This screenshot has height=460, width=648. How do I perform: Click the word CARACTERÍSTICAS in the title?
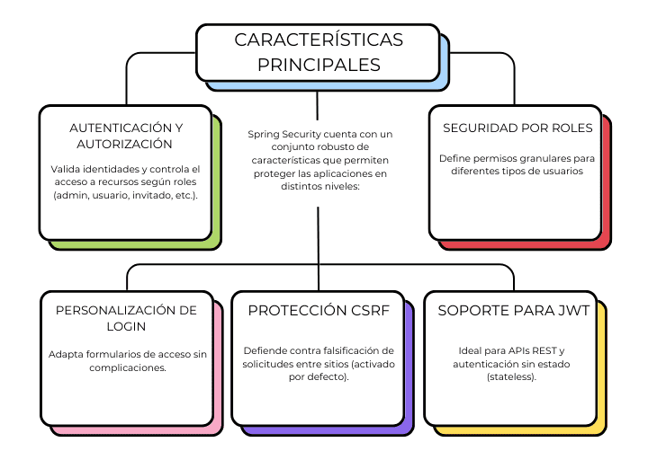(x=319, y=40)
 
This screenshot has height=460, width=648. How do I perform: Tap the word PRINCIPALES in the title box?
(x=319, y=65)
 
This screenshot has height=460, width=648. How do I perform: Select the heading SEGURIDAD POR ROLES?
(x=517, y=128)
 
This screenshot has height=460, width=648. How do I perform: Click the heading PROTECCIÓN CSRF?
(x=319, y=310)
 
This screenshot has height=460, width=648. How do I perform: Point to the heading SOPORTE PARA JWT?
(x=514, y=310)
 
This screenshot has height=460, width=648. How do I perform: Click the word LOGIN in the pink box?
(x=126, y=326)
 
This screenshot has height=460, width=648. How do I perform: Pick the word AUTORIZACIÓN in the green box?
(x=124, y=144)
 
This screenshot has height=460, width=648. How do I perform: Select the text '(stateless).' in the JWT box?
(x=511, y=376)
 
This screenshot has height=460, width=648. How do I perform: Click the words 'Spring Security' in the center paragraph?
(x=284, y=135)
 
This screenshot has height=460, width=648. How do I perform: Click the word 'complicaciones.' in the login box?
(x=128, y=367)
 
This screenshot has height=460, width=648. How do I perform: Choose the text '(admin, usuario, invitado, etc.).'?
(x=126, y=195)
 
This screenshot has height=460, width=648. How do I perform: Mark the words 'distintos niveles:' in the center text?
(x=320, y=187)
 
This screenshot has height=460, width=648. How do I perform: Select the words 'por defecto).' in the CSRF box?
(x=319, y=376)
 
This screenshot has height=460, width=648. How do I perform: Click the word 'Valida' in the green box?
(x=66, y=169)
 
